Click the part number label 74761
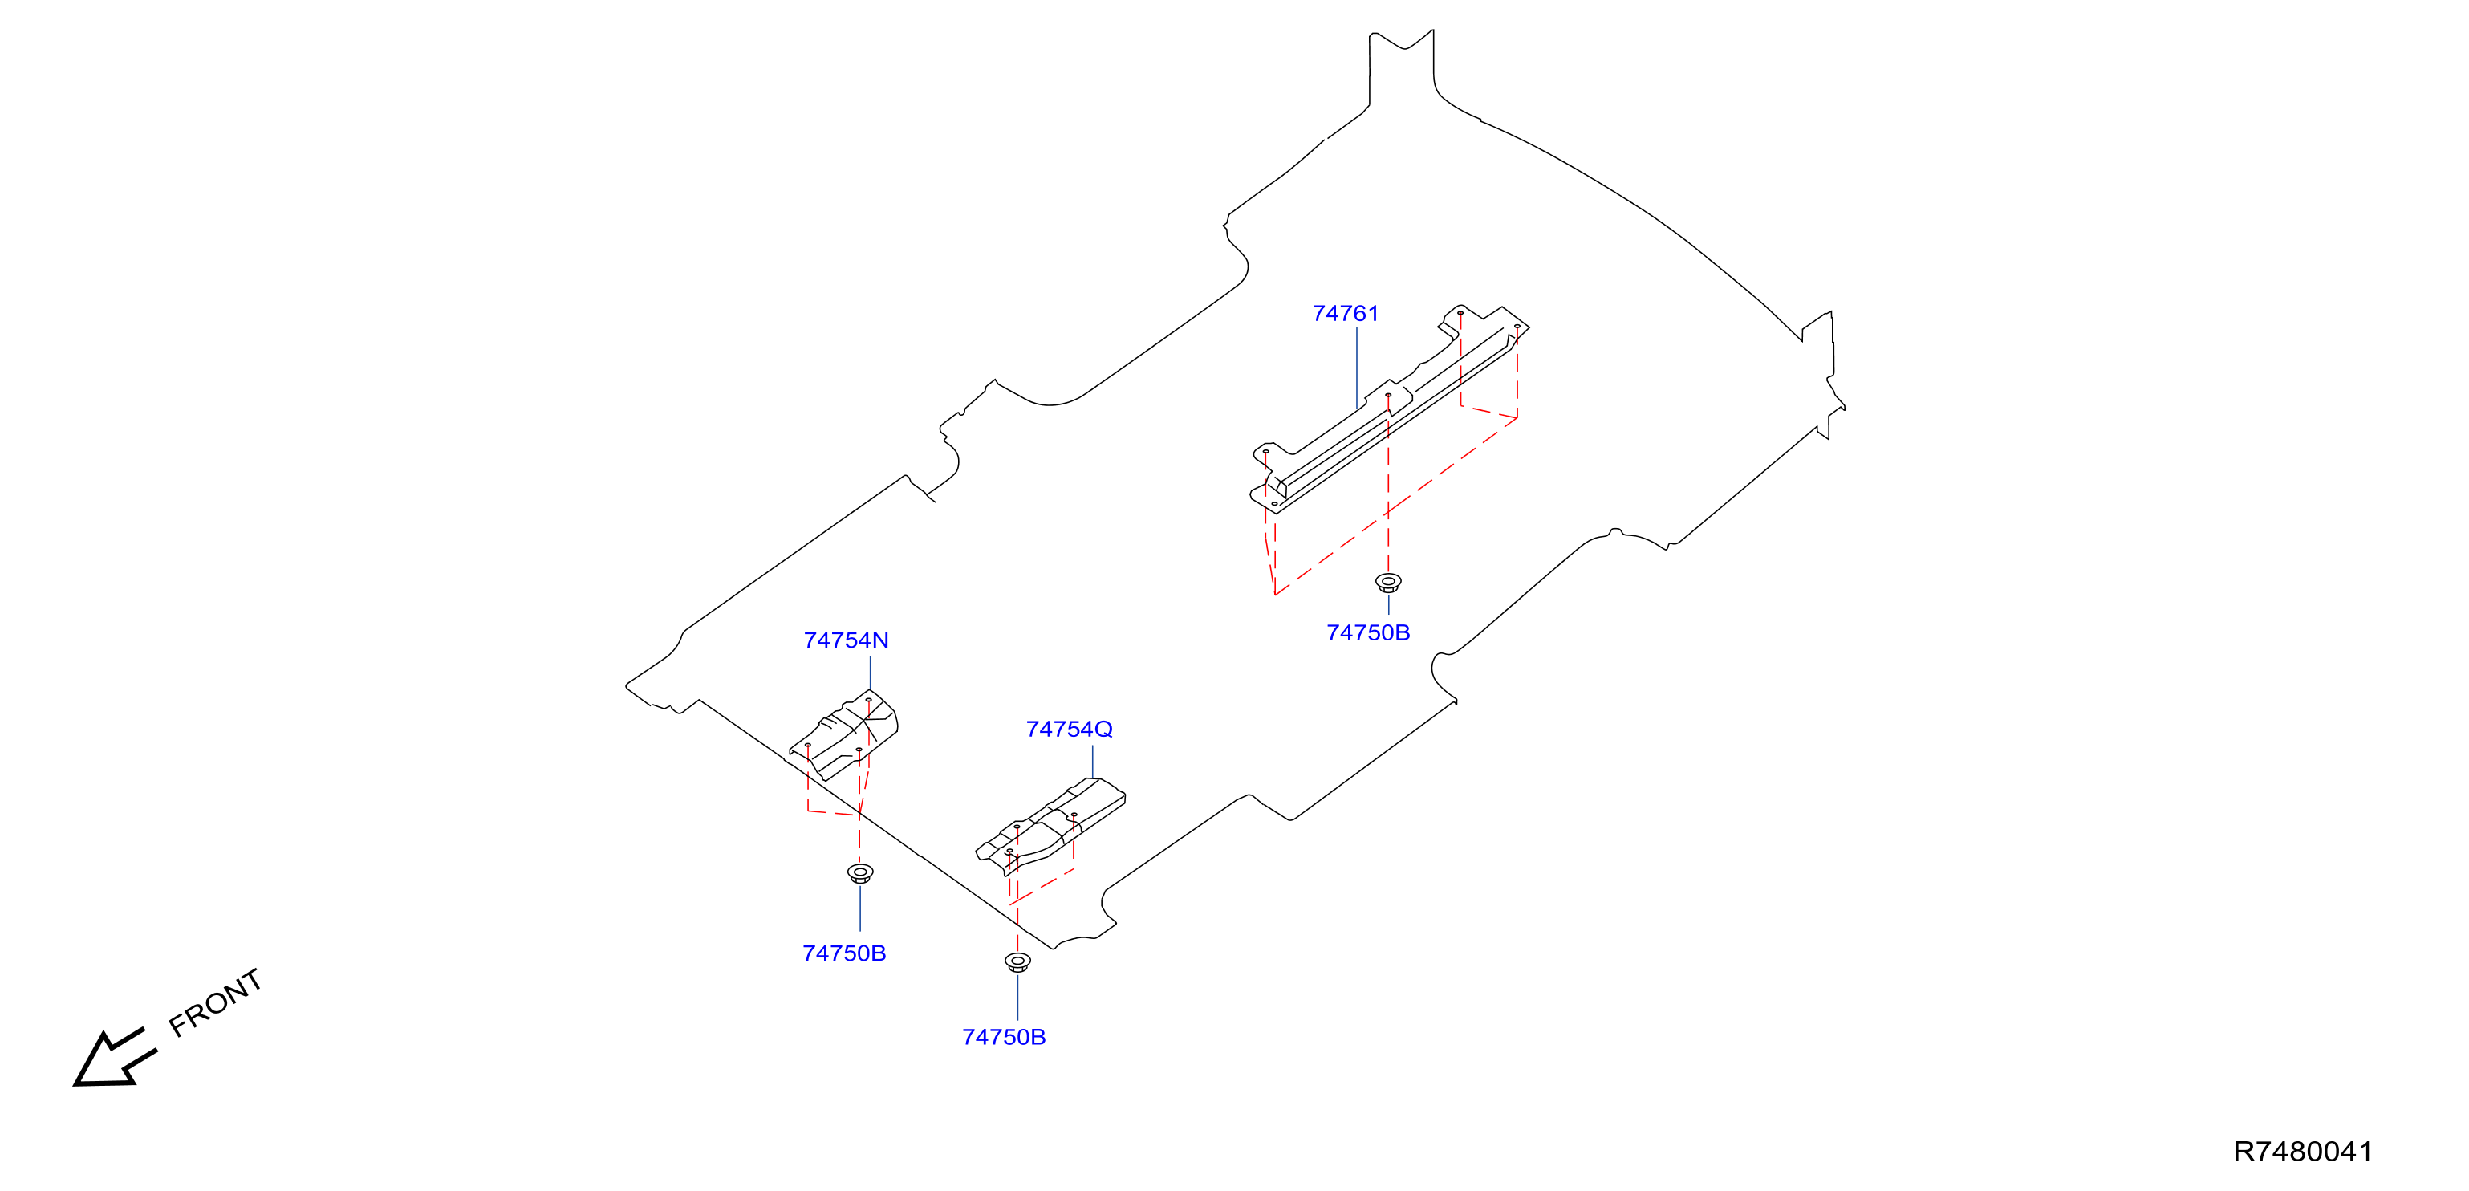pyautogui.click(x=1345, y=314)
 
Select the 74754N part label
pyautogui.click(x=847, y=640)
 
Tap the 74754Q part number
pyautogui.click(x=1069, y=730)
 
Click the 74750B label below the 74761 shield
pyautogui.click(x=1368, y=633)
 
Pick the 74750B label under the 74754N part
pyautogui.click(x=844, y=953)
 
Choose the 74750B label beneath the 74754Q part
pyautogui.click(x=1004, y=1038)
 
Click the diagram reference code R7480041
pyautogui.click(x=2303, y=1152)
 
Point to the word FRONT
pyautogui.click(x=216, y=1002)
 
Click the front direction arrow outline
pyautogui.click(x=114, y=1059)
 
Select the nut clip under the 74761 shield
pyautogui.click(x=1388, y=582)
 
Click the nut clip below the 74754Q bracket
pyautogui.click(x=1018, y=961)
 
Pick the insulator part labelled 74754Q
pyautogui.click(x=1050, y=825)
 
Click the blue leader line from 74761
pyautogui.click(x=1356, y=368)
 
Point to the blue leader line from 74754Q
pyautogui.click(x=1093, y=762)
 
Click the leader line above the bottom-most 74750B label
pyautogui.click(x=1018, y=998)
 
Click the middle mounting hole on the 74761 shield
pyautogui.click(x=1388, y=395)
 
